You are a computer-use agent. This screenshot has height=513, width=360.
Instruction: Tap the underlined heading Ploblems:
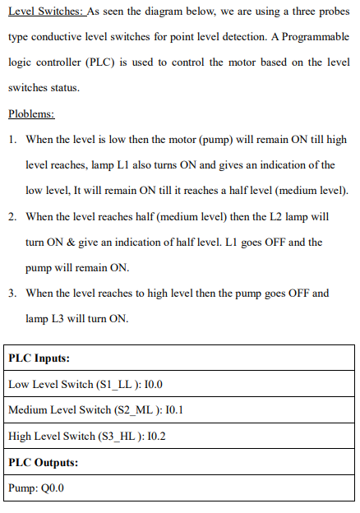(x=30, y=113)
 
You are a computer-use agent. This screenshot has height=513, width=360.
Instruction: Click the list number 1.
(x=14, y=141)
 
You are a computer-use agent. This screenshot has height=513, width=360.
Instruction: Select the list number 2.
(x=14, y=217)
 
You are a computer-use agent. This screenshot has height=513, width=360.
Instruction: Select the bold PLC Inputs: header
(x=39, y=359)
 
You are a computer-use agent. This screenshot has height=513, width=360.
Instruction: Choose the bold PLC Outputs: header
(x=43, y=463)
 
